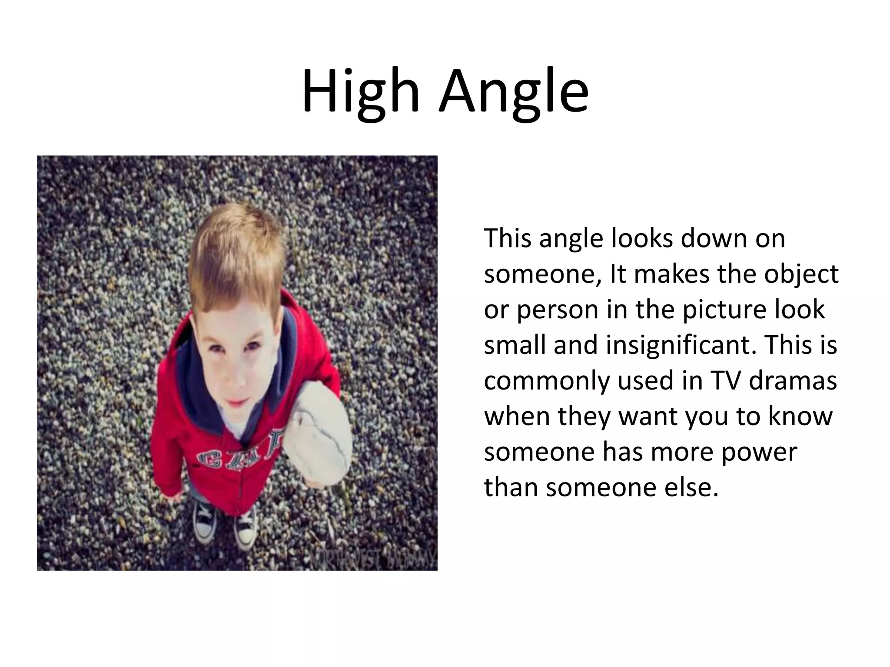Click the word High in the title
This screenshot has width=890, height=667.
pyautogui.click(x=360, y=92)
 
